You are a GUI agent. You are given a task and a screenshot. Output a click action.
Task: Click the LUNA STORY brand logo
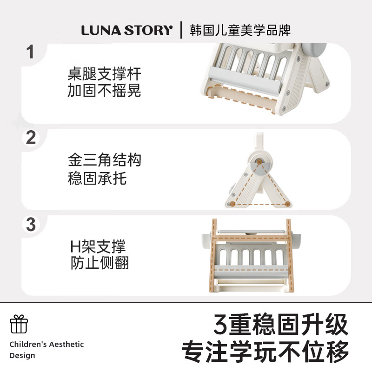point(126,30)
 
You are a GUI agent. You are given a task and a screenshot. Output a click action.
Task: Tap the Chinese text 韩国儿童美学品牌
point(240,30)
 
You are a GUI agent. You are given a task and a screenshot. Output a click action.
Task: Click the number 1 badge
point(31,52)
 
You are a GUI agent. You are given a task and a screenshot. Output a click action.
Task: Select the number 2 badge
point(31,138)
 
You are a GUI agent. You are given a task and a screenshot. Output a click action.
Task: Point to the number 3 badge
point(31,225)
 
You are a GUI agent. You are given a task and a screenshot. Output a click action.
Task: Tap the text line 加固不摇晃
point(104,91)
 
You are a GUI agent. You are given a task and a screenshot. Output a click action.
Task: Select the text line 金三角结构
point(104,161)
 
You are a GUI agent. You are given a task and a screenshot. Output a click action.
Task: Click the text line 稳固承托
point(97,178)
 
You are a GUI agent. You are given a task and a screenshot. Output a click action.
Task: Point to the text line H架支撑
point(98,246)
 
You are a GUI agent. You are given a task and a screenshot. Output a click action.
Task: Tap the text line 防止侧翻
point(100,263)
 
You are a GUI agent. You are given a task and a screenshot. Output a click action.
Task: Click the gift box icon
point(19,324)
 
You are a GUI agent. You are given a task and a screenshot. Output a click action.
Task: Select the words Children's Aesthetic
point(46,345)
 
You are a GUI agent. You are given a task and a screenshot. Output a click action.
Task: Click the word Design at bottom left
point(22,356)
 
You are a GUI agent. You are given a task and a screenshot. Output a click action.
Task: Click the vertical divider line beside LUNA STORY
point(181,30)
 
